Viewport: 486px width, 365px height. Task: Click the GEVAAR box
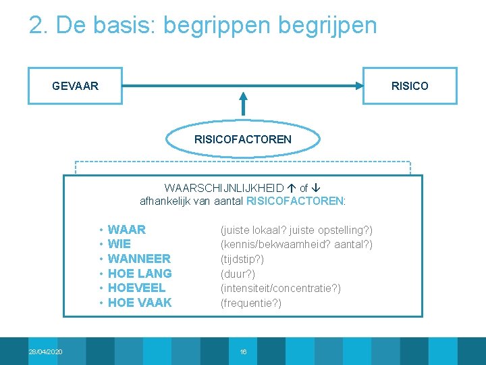tap(75, 86)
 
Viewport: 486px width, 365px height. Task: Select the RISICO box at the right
tap(410, 86)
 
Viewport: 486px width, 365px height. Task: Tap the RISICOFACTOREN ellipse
tap(243, 139)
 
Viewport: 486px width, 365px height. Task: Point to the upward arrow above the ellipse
tap(244, 105)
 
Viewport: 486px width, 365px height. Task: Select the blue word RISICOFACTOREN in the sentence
tap(295, 201)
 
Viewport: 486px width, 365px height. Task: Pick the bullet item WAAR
tap(127, 230)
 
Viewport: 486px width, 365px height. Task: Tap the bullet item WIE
tap(119, 244)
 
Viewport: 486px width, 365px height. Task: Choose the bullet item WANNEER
tap(139, 259)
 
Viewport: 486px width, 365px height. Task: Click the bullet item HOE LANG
tap(140, 274)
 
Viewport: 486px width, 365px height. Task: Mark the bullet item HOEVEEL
tap(136, 288)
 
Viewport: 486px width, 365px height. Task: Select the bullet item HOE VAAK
tap(140, 303)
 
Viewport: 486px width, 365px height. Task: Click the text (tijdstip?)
tap(242, 259)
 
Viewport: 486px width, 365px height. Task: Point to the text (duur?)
tap(238, 274)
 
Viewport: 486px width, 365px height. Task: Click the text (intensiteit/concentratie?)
tap(281, 289)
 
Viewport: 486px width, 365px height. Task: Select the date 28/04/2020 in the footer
tap(45, 351)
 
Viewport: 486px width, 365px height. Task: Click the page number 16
tap(244, 351)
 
